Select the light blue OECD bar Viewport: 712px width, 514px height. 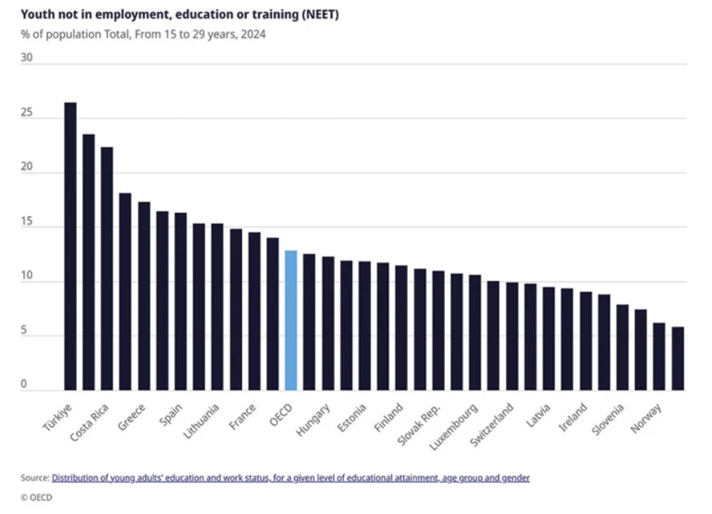coord(290,320)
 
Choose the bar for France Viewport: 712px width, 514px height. coord(253,311)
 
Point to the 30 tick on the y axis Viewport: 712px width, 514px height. coord(26,57)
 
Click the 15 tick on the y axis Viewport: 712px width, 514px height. coord(26,223)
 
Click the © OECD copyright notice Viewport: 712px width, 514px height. coord(38,499)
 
